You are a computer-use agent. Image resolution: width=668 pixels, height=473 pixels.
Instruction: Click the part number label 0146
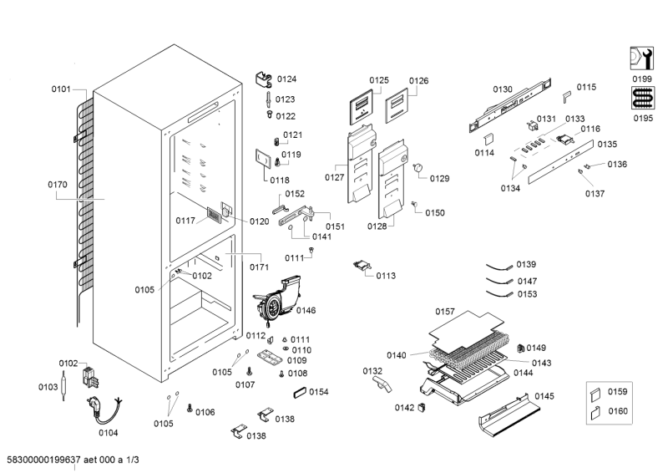tap(306, 311)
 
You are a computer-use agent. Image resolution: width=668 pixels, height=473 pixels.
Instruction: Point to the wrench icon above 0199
tap(642, 58)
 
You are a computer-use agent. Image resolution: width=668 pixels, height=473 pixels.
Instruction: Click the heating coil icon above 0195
tap(642, 99)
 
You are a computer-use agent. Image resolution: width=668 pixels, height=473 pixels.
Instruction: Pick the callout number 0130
tap(502, 89)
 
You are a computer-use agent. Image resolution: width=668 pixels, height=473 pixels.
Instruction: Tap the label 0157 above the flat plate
tap(445, 312)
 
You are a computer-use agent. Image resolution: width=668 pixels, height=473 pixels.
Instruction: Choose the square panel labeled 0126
tap(399, 109)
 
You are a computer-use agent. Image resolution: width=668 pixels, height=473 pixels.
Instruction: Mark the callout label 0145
tap(544, 396)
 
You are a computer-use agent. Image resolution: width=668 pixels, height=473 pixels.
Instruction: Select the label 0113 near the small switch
tap(386, 275)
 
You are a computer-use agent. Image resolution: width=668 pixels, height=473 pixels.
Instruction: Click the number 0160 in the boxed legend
tap(617, 410)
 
